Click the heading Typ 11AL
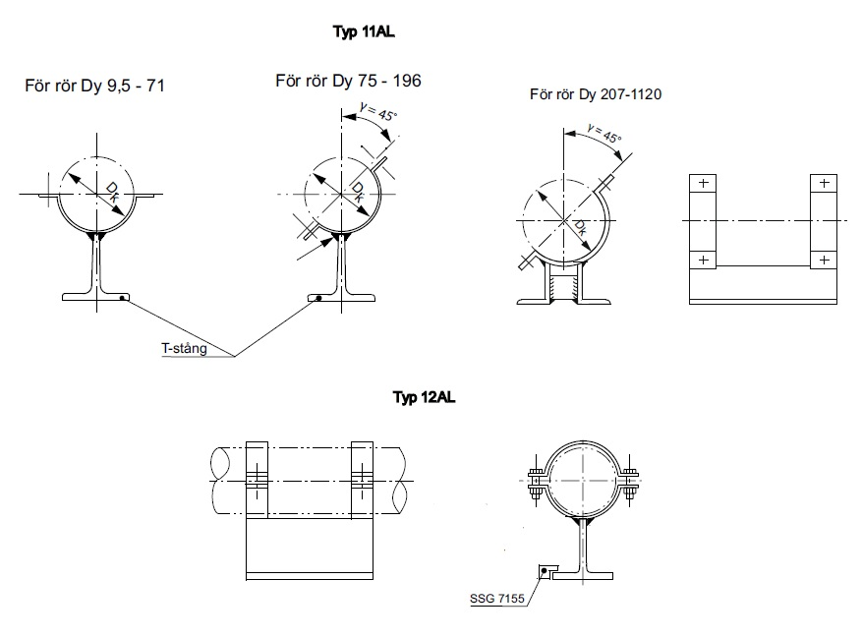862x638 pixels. tap(365, 31)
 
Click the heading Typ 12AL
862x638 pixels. tap(423, 398)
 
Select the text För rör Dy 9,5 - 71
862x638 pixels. tap(94, 87)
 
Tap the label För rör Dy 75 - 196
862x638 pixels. tap(348, 81)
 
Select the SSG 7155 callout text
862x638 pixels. tap(497, 597)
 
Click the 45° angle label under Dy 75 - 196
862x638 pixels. tap(380, 115)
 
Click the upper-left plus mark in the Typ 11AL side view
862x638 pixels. tap(702, 184)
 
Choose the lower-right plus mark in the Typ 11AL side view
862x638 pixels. tap(823, 260)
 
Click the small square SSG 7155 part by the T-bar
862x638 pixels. tap(544, 571)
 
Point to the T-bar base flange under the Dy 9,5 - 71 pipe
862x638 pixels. tap(98, 295)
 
